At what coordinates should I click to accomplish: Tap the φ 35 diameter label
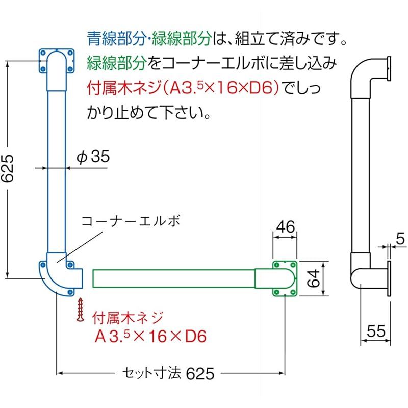(x=93, y=157)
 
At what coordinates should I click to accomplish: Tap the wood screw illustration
(x=80, y=310)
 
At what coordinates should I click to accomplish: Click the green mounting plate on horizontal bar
(x=285, y=278)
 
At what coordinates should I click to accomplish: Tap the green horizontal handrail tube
(x=173, y=278)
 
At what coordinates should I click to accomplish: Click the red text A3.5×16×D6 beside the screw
(x=150, y=336)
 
